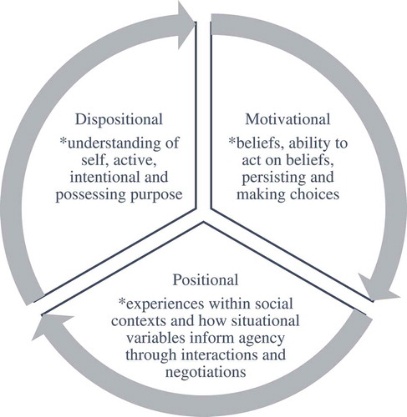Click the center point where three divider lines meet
(203, 224)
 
